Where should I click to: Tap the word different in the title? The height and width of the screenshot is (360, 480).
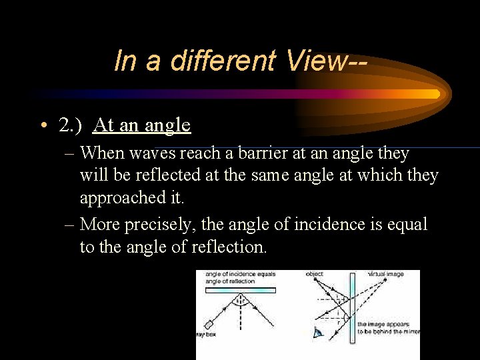(223, 61)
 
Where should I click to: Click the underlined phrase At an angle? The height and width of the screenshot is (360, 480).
(142, 125)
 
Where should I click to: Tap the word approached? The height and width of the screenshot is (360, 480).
(119, 198)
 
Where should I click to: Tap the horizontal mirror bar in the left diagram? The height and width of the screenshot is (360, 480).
(240, 290)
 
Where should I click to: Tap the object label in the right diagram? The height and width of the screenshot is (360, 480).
(314, 274)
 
